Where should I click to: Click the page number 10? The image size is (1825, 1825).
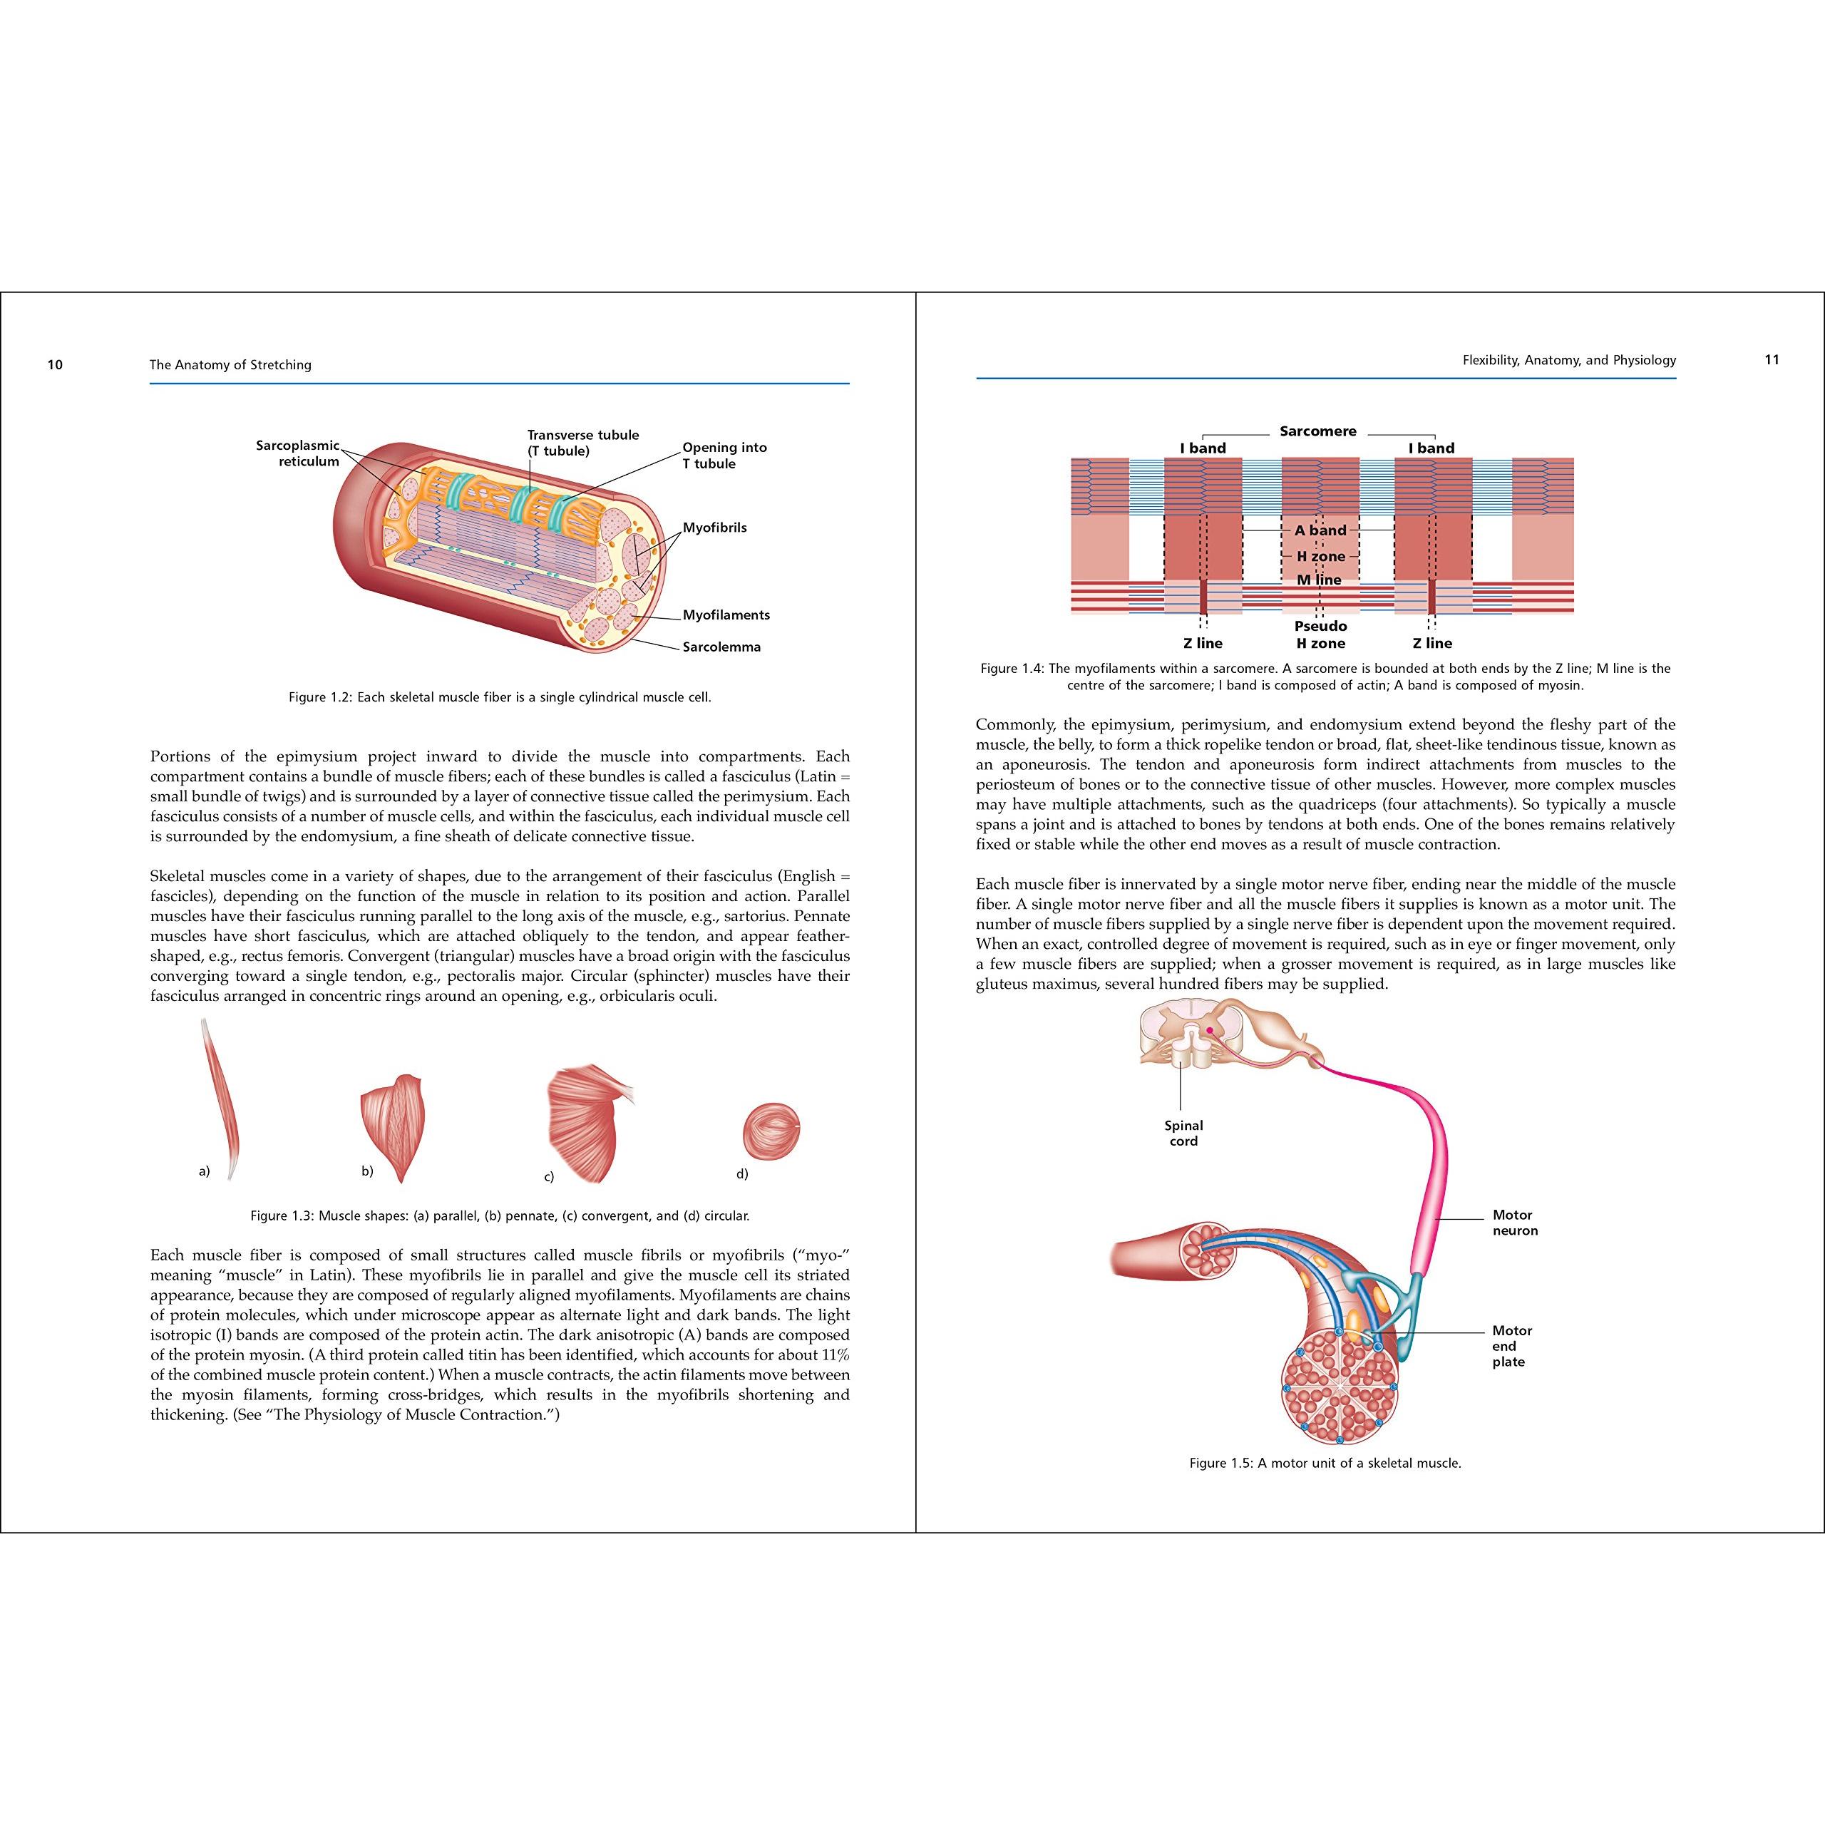(x=55, y=364)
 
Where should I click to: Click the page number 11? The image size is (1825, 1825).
(x=1771, y=359)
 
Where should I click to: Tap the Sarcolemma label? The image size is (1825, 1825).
(x=721, y=647)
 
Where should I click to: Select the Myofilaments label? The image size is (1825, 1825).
(x=726, y=615)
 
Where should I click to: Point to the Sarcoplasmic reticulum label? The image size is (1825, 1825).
(x=297, y=453)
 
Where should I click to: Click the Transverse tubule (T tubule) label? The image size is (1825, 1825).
(x=583, y=443)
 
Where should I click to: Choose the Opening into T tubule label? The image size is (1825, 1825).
(x=724, y=456)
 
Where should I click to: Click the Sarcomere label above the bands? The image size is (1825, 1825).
(x=1317, y=431)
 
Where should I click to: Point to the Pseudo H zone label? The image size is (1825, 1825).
(x=1320, y=634)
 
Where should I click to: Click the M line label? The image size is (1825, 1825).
(x=1319, y=579)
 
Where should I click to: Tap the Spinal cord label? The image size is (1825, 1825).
(x=1183, y=1133)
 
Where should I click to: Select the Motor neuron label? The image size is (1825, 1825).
(x=1515, y=1223)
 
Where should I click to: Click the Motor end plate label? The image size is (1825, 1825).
(x=1511, y=1346)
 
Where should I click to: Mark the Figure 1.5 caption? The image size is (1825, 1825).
(x=1325, y=1464)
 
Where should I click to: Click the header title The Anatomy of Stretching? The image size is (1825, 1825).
(x=230, y=364)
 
